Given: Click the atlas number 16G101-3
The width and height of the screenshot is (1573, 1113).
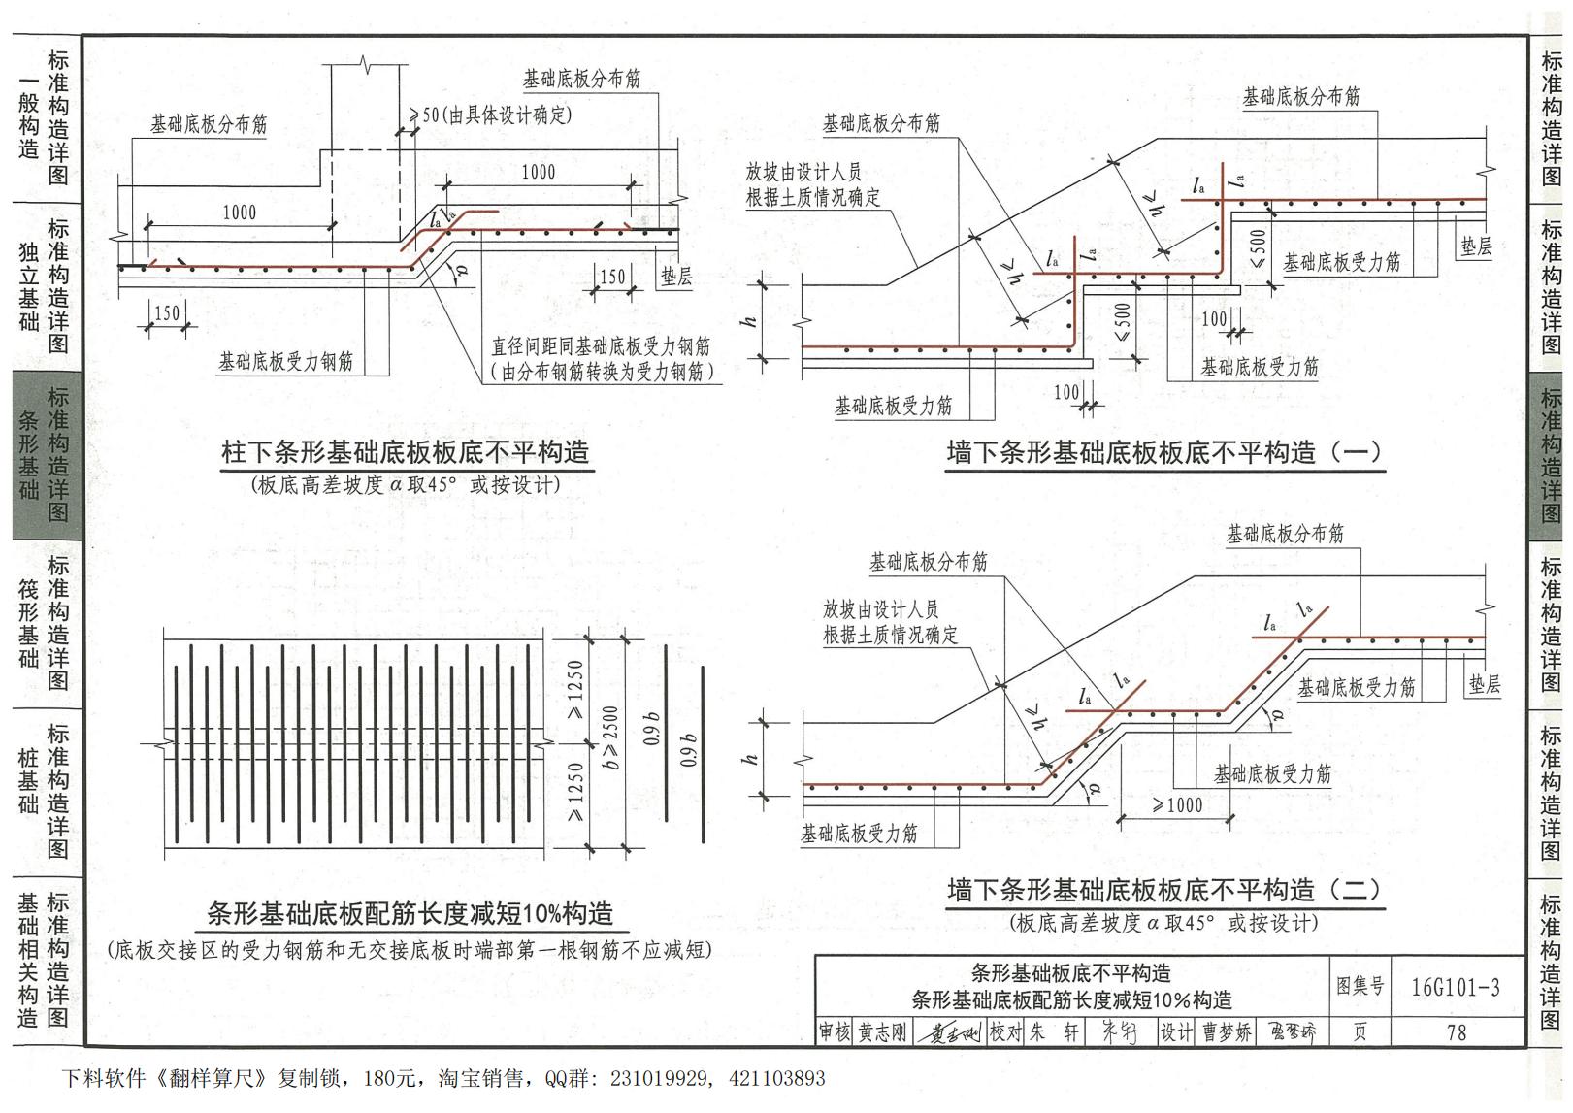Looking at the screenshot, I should click(x=1455, y=988).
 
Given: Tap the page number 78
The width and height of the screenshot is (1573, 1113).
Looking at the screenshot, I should click(x=1456, y=1032).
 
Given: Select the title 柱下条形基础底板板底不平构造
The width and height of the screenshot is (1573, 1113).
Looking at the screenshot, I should click(x=405, y=452).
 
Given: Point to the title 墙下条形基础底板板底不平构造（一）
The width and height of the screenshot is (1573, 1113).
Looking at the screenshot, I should click(x=1164, y=452).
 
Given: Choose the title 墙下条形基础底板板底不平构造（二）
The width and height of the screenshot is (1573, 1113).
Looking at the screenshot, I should click(x=1164, y=890).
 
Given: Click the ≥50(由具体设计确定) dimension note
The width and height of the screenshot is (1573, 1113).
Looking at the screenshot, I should click(x=491, y=115).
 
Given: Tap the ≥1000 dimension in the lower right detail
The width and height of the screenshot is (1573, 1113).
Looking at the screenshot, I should click(x=1177, y=805).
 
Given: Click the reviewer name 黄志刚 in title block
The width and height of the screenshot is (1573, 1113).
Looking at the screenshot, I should click(x=882, y=1032).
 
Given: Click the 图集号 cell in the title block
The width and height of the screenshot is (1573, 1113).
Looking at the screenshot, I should click(x=1360, y=987).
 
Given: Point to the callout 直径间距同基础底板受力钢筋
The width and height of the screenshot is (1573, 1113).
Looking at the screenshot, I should click(x=601, y=346).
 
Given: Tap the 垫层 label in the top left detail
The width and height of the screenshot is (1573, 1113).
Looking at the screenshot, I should click(x=676, y=277).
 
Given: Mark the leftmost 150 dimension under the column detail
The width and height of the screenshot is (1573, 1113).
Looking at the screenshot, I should click(x=167, y=312).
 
